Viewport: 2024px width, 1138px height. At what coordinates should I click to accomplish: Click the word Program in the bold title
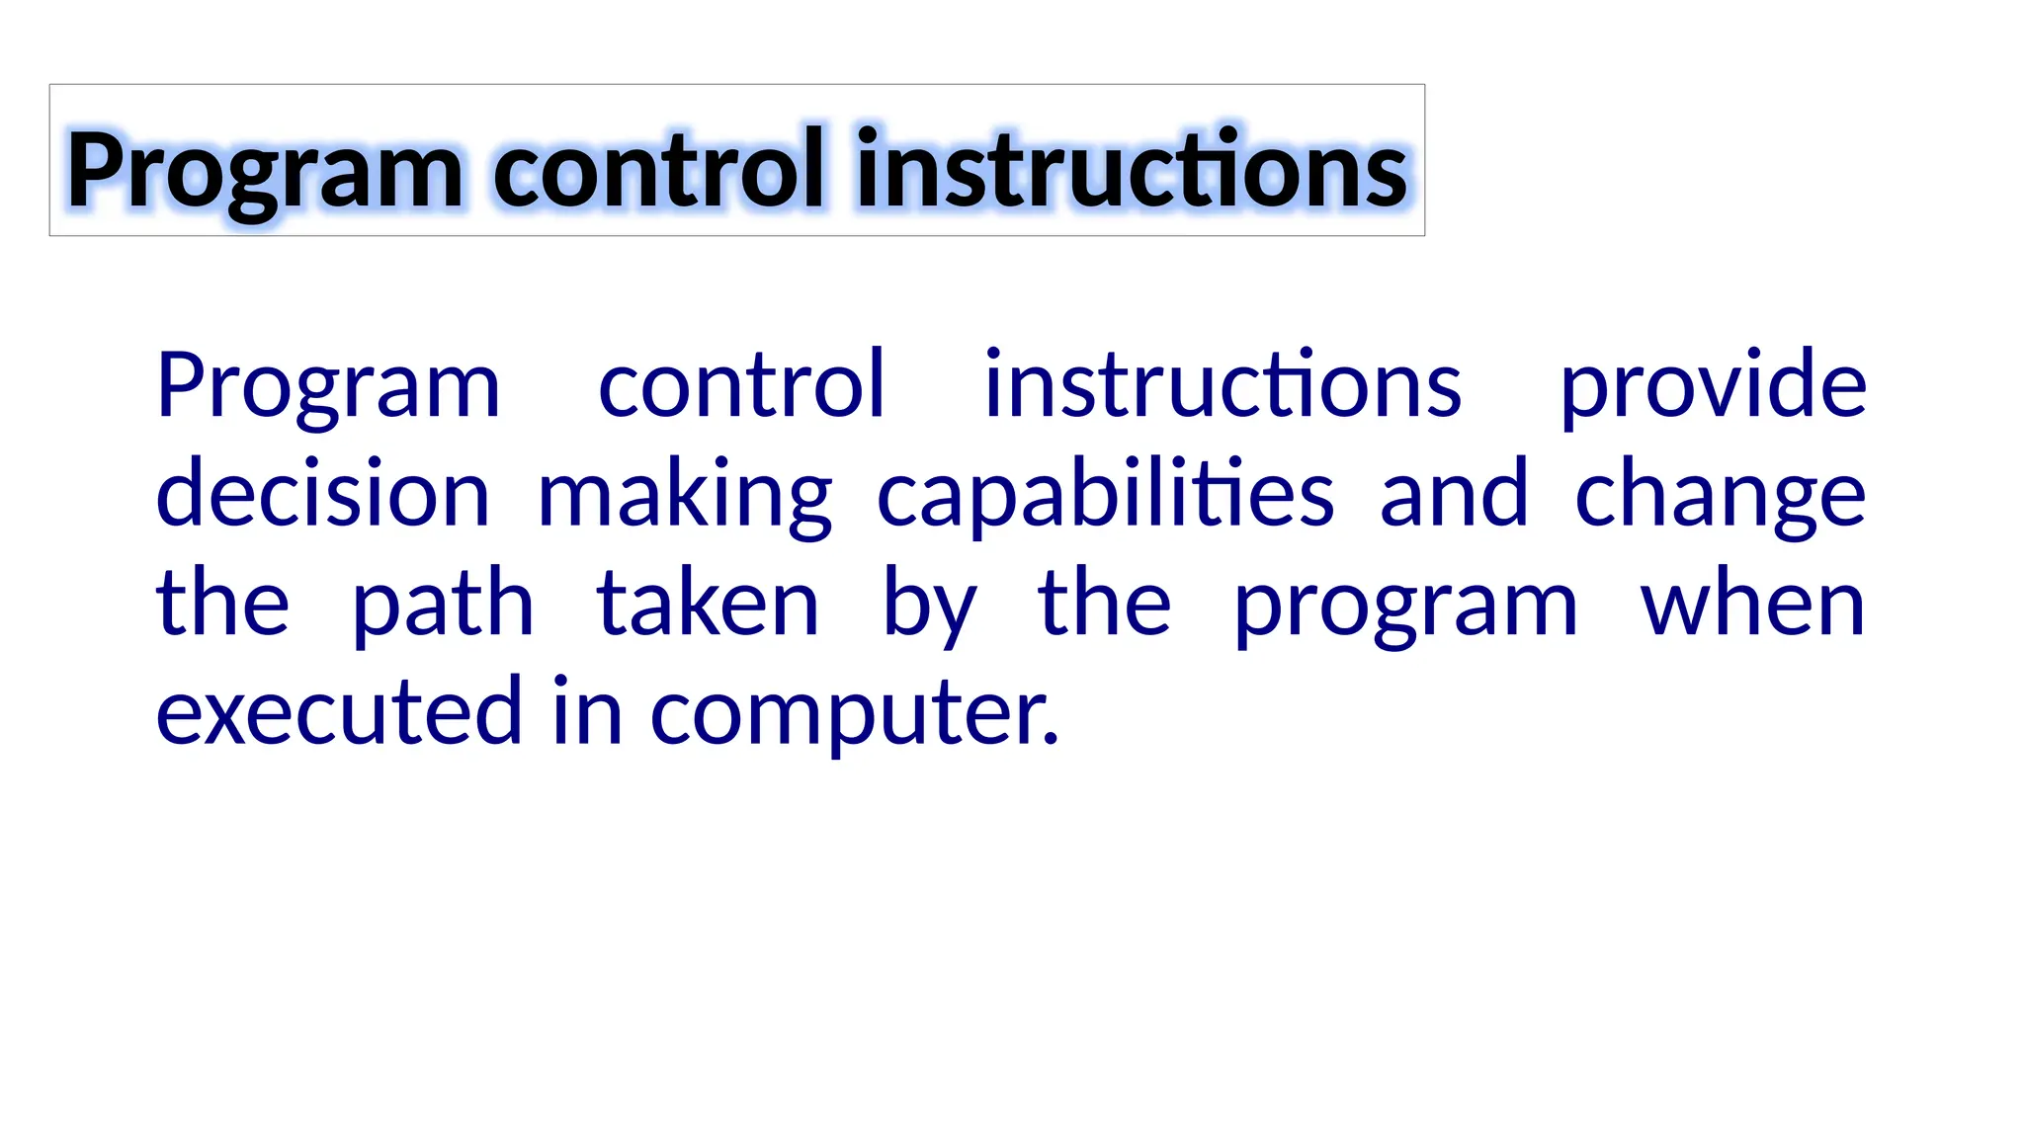pyautogui.click(x=264, y=173)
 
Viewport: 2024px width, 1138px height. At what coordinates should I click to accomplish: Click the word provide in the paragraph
pyautogui.click(x=1713, y=387)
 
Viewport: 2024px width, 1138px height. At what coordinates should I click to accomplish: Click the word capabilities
pyautogui.click(x=1106, y=496)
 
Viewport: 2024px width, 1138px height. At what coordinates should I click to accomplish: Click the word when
pyautogui.click(x=1752, y=605)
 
